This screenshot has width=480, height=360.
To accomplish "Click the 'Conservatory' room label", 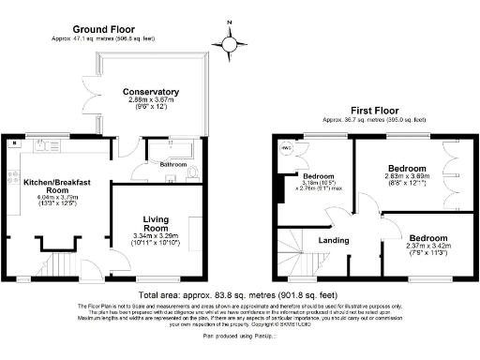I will click(x=150, y=92).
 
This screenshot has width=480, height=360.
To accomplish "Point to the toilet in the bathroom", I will click(x=194, y=172).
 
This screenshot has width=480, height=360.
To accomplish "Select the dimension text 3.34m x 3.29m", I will click(x=151, y=236).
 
